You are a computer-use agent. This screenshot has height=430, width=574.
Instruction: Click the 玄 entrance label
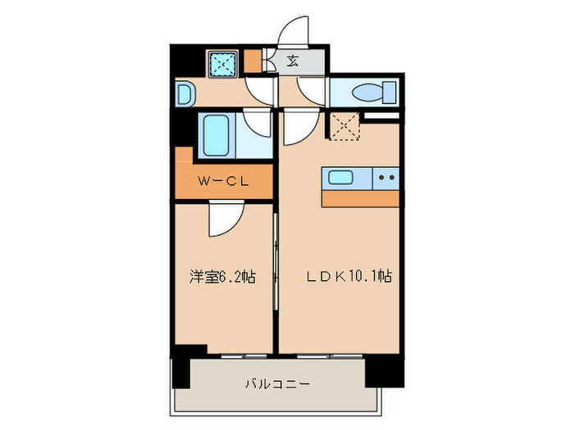click(x=293, y=61)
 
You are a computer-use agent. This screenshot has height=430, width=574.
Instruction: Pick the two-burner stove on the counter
click(x=387, y=177)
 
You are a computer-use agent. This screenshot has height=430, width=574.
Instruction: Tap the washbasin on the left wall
click(x=184, y=93)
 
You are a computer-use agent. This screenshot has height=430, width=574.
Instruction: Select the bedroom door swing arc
click(x=225, y=219)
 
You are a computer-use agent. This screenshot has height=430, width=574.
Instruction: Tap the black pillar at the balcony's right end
click(x=384, y=369)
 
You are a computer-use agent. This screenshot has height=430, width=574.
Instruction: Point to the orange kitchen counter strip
click(x=362, y=197)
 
